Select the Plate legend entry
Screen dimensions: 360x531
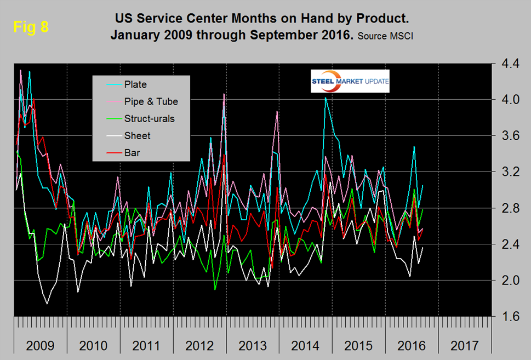[135, 84]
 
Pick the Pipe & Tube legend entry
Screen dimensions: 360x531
[151, 101]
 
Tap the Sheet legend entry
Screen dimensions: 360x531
[137, 135]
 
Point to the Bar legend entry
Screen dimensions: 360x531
[132, 152]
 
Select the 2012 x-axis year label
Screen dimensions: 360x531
[199, 346]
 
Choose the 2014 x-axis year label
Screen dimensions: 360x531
[305, 346]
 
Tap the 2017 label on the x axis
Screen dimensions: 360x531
[464, 346]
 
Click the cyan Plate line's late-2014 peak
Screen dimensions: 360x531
[326, 98]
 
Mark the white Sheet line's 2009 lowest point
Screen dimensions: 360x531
[47, 304]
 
